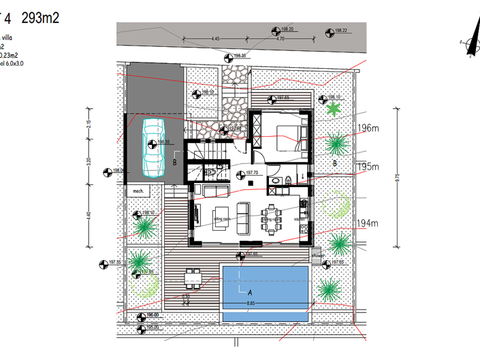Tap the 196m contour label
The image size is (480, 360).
pos(368,128)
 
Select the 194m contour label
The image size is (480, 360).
pos(367,223)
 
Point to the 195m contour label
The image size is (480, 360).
pos(368,167)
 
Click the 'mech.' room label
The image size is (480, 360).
pos(141,191)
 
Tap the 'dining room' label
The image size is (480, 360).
pos(272,219)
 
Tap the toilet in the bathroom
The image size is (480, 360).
pos(288,181)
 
